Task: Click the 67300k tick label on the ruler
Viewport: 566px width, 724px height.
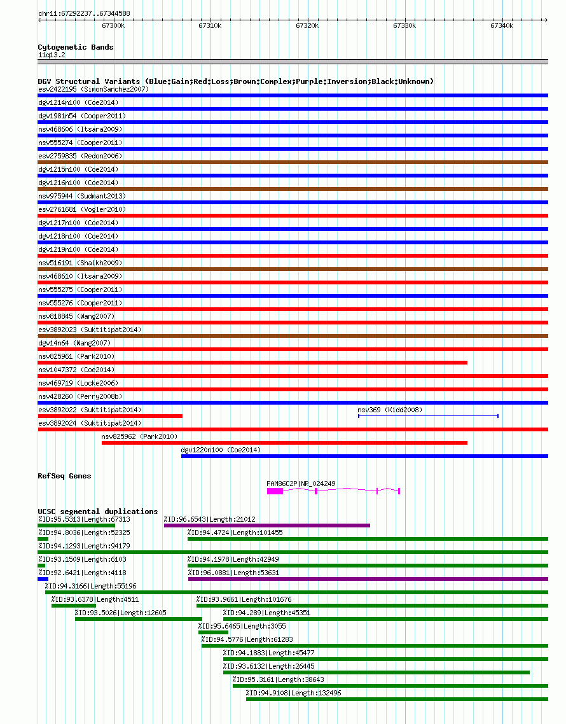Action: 113,26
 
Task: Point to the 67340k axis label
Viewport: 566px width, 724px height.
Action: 502,26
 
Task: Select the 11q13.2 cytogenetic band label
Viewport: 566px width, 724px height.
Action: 52,55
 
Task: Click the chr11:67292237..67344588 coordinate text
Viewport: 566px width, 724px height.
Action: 84,13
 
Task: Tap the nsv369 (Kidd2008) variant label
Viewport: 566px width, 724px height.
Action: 390,410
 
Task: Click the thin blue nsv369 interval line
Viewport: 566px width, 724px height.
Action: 428,416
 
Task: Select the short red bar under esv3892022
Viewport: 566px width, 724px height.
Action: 110,416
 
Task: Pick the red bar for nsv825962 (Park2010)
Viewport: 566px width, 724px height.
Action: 284,443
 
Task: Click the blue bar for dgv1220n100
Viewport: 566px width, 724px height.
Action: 364,456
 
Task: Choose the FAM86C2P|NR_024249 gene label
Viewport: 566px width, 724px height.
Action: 301,484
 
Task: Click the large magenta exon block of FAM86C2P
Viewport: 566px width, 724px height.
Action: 275,491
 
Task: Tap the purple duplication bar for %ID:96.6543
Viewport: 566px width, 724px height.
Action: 267,526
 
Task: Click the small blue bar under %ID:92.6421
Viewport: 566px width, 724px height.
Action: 43,579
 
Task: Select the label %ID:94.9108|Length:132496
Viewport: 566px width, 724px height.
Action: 294,693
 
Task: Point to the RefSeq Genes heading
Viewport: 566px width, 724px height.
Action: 64,476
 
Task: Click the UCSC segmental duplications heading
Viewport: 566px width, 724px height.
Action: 98,512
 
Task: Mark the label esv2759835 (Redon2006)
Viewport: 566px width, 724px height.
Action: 80,156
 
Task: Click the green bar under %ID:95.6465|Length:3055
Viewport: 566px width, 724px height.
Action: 213,632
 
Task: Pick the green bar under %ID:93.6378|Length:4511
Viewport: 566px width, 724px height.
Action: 74,606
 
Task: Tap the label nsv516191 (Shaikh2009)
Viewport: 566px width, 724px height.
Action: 80,263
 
